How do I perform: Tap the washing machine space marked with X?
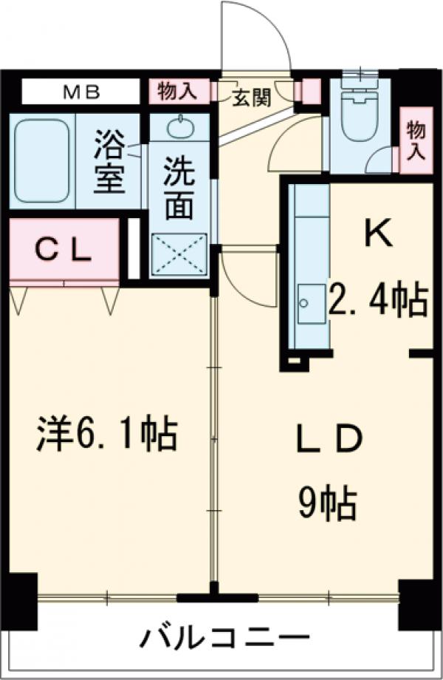coord(179,254)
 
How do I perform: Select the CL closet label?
coord(63,251)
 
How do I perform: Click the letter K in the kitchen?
coord(378,234)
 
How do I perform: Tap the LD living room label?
coord(329,439)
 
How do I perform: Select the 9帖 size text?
coord(327,506)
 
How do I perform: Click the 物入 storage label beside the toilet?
coord(416,140)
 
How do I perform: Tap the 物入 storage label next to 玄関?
coord(178,92)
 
